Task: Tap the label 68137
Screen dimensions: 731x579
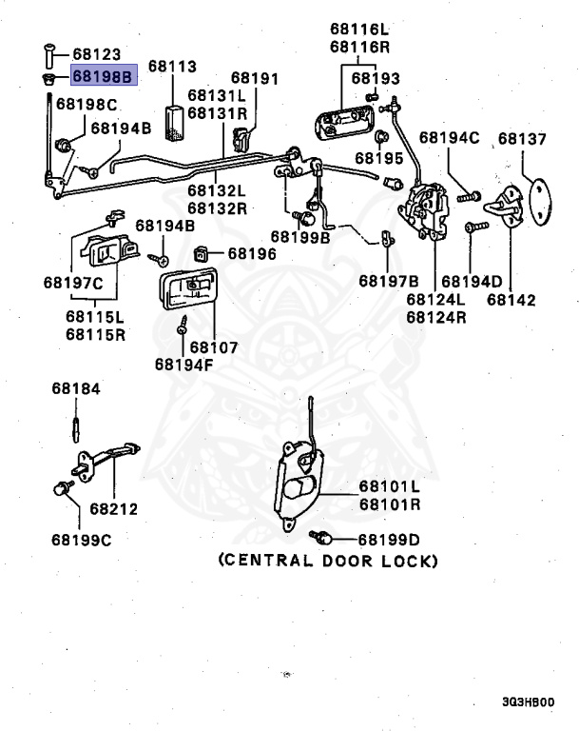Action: [x=522, y=139]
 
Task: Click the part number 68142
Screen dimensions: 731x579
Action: [x=511, y=299]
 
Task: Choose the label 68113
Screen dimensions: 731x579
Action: [x=171, y=67]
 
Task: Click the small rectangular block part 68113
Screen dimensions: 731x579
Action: [x=173, y=122]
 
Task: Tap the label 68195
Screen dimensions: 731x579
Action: [x=380, y=157]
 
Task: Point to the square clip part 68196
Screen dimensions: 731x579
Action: [x=203, y=254]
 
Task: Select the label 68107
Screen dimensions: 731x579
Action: [x=214, y=347]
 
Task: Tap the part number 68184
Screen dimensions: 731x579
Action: [x=75, y=388]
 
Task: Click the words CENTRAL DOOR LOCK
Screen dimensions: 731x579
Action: [x=329, y=561]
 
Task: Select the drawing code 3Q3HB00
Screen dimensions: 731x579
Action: [x=528, y=702]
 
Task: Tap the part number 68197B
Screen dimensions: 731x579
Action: [x=388, y=281]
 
